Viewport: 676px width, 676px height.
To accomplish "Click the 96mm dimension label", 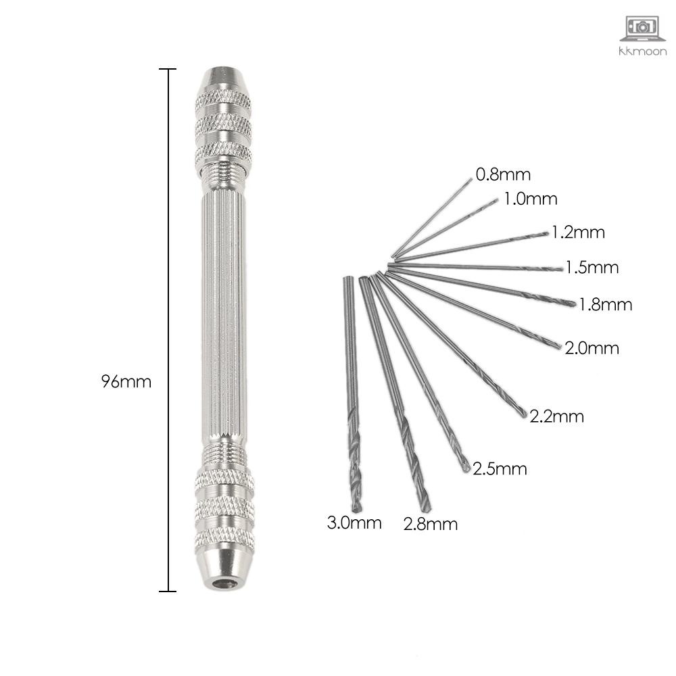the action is pos(126,381).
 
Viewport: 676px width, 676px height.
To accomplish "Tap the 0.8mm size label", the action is pos(503,174).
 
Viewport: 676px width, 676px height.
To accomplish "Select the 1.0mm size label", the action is pos(531,199).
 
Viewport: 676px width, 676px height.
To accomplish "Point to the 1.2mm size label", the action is pos(578,233).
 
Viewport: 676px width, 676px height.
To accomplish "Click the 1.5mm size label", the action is pos(592,268).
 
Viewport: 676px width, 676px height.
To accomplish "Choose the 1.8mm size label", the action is pos(605,305).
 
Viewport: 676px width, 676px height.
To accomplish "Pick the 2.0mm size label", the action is pos(592,348).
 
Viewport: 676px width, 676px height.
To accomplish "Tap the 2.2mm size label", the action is pos(556,416).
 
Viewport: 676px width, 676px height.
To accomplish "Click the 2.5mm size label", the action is pos(500,468).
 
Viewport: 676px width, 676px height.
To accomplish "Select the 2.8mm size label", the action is pos(430,525).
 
